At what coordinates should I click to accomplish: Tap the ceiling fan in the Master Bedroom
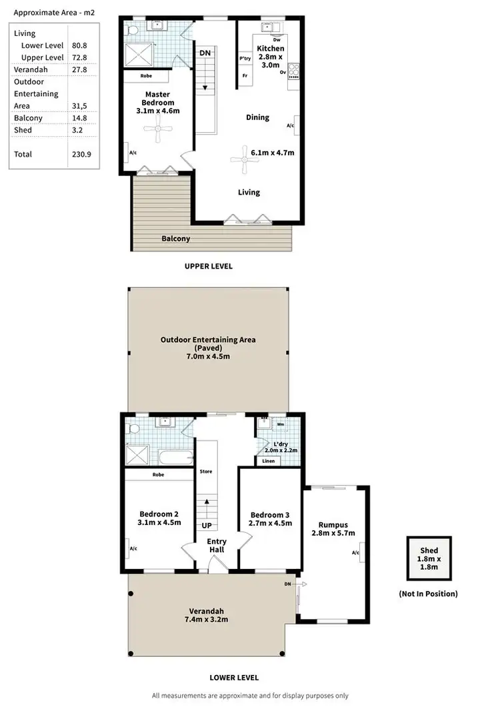click(x=157, y=134)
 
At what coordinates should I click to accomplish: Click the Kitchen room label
click(x=271, y=49)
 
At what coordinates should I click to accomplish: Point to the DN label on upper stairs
click(x=205, y=53)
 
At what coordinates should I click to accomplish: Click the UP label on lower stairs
click(x=207, y=525)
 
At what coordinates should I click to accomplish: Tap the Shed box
click(x=429, y=558)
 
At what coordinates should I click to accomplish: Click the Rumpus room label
click(x=333, y=524)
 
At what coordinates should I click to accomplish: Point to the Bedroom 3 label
click(x=270, y=514)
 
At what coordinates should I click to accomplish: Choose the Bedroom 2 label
click(x=159, y=514)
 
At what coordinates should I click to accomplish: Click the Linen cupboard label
click(x=268, y=461)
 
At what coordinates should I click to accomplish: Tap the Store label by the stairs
click(x=206, y=472)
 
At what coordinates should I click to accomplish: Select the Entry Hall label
click(x=217, y=545)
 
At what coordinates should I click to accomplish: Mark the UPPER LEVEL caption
click(x=208, y=265)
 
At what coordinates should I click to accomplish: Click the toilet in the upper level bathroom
click(x=133, y=30)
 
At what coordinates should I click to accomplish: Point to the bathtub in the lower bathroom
click(x=173, y=458)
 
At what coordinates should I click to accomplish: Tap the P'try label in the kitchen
click(x=245, y=59)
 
